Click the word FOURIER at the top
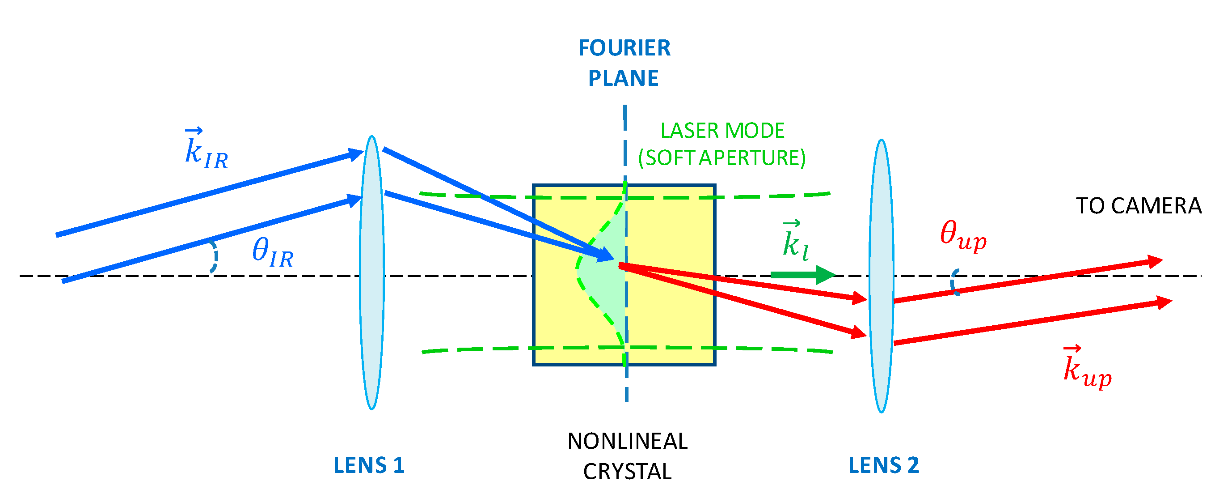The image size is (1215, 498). click(624, 48)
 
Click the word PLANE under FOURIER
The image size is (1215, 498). click(623, 78)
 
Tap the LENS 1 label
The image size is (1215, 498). click(369, 465)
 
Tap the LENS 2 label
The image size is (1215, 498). click(883, 465)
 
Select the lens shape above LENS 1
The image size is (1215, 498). click(371, 272)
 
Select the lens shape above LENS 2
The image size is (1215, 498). click(881, 276)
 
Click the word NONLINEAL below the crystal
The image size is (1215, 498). click(627, 441)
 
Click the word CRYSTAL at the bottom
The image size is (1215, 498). click(627, 472)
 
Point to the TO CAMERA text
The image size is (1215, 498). click(1138, 206)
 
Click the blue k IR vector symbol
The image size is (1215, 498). click(206, 149)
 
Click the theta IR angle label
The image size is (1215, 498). click(273, 252)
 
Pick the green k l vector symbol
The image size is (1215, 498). click(795, 241)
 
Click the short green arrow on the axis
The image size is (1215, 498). click(802, 275)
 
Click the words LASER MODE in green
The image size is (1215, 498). click(721, 131)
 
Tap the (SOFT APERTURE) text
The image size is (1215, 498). click(721, 157)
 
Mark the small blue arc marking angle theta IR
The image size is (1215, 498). click(215, 257)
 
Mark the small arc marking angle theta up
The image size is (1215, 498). click(953, 282)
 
